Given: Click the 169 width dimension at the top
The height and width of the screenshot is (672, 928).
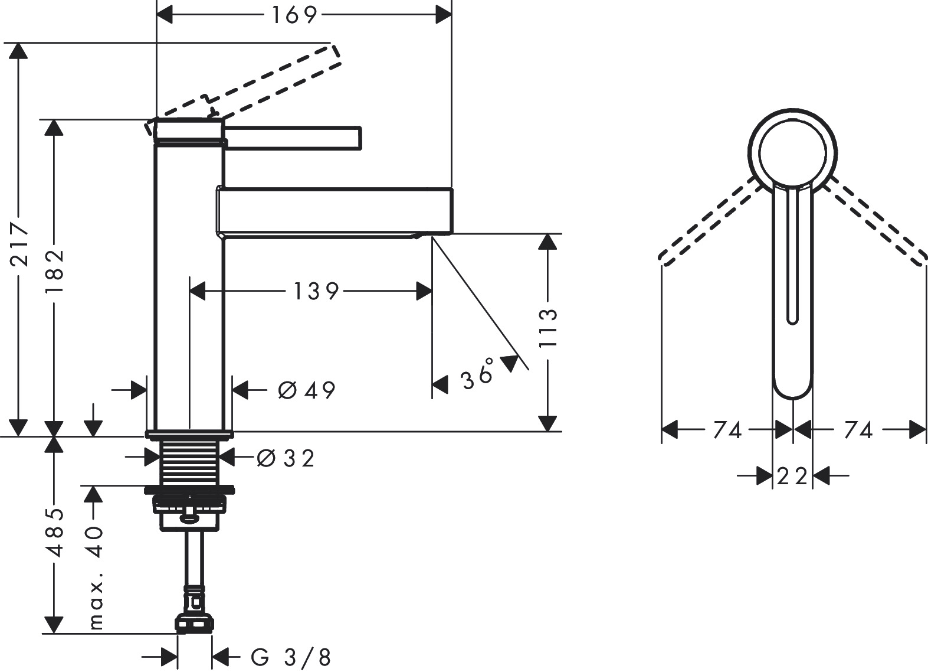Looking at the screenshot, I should coord(294,15).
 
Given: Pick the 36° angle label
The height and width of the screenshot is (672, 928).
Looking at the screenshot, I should coord(478,374).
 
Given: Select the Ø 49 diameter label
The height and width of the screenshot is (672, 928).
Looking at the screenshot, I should coord(306,390).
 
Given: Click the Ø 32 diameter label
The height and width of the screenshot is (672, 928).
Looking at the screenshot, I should coord(286,458).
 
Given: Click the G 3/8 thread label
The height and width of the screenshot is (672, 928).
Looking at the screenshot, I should coord(291,657).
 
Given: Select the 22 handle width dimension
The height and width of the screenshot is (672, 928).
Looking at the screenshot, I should coord(792,475).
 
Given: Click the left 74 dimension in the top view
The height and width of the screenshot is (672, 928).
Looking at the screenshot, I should coord(726,430).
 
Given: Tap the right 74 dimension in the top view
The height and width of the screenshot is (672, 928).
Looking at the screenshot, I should coord(857,430).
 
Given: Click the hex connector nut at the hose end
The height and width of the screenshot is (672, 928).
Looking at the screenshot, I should coord(194,624).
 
